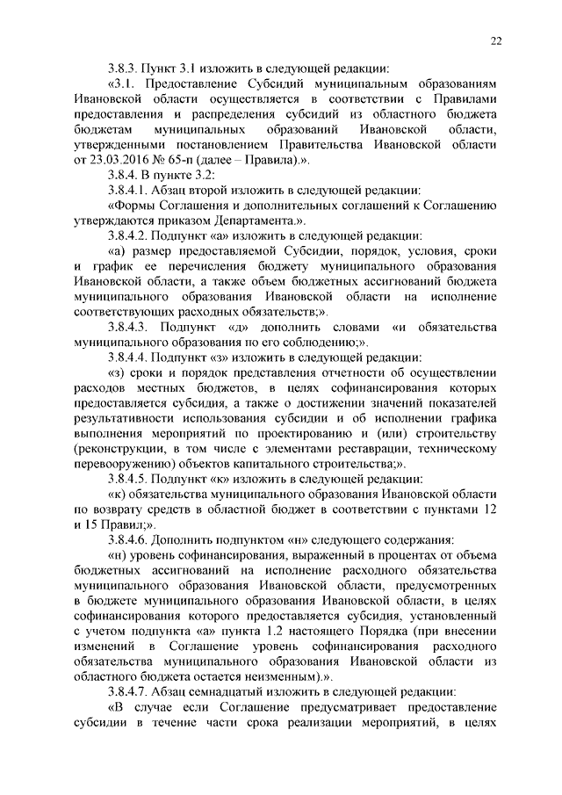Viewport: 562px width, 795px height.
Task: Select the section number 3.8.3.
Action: point(127,69)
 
